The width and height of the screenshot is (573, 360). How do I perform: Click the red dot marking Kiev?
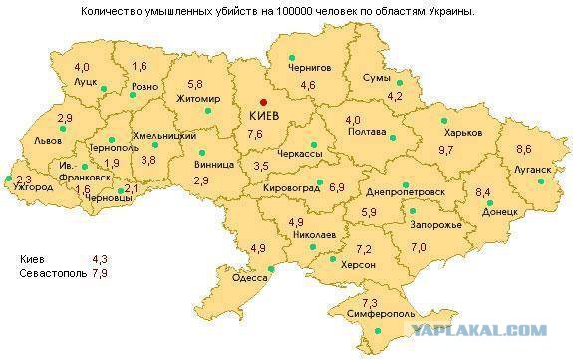pos(264,101)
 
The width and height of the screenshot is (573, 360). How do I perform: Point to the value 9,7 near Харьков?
pos(445,150)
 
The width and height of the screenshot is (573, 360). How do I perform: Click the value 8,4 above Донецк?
pos(483,192)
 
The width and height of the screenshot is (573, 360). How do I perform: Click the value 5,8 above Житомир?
pos(194,84)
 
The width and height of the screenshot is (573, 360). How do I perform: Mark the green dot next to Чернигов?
pos(291,57)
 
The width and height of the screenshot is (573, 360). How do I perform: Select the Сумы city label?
pos(376,77)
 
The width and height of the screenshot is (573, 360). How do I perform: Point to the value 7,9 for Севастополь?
pos(99,271)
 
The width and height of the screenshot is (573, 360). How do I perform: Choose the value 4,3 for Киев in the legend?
pos(99,259)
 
